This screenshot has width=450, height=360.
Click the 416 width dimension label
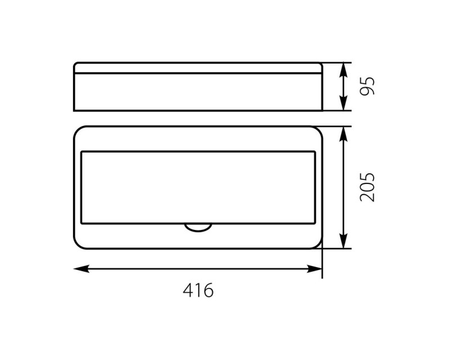[x=198, y=290]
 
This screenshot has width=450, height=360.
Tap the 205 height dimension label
[x=367, y=187]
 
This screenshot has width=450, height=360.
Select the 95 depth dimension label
[x=367, y=86]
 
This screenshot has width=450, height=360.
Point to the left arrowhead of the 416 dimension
[x=82, y=269]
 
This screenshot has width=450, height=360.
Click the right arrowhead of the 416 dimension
[x=314, y=269]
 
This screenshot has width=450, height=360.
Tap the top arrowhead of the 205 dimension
[x=343, y=134]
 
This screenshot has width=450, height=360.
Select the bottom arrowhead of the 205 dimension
[x=343, y=241]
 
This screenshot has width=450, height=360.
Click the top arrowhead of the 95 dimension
[x=343, y=70]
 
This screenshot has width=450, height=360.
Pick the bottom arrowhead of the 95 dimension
[x=343, y=102]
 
